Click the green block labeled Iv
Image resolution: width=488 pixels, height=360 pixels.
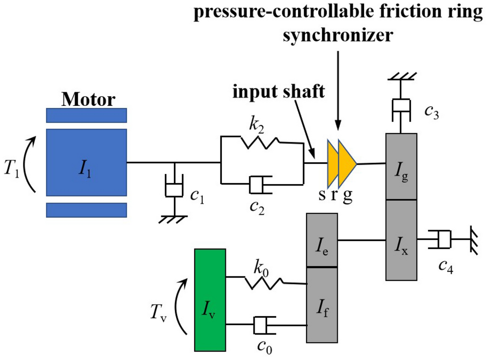point(210,300)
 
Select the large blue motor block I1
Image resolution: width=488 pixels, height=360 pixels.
point(86,162)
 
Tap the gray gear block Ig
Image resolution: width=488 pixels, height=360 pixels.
point(401,166)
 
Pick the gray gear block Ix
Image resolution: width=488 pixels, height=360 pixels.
point(401,240)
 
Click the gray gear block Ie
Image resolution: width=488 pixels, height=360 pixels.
point(322,240)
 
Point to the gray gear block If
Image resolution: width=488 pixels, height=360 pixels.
point(322,305)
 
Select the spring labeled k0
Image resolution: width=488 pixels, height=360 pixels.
point(265,282)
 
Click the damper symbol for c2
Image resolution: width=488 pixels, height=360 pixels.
point(261,185)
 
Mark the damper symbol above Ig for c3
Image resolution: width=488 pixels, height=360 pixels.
point(401,107)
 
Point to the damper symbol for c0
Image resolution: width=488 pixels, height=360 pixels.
point(262,325)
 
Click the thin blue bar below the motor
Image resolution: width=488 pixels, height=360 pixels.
point(86,210)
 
